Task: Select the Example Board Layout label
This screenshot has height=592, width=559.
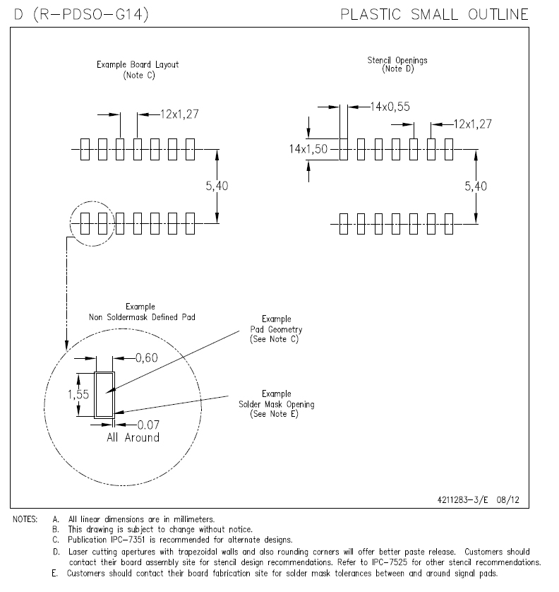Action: pyautogui.click(x=138, y=65)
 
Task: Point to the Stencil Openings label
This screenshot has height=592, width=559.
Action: pyautogui.click(x=397, y=61)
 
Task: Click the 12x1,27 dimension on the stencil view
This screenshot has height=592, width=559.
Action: pyautogui.click(x=471, y=124)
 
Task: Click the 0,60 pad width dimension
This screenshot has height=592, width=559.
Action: pyautogui.click(x=147, y=358)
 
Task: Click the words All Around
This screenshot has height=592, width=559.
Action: pyautogui.click(x=133, y=437)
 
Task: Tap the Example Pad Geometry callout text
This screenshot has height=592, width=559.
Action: pyautogui.click(x=276, y=329)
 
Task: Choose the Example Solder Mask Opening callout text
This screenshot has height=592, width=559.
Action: pyautogui.click(x=276, y=404)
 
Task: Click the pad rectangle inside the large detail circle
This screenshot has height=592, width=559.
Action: pyautogui.click(x=104, y=395)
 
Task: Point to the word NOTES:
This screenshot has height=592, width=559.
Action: pyautogui.click(x=25, y=519)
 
